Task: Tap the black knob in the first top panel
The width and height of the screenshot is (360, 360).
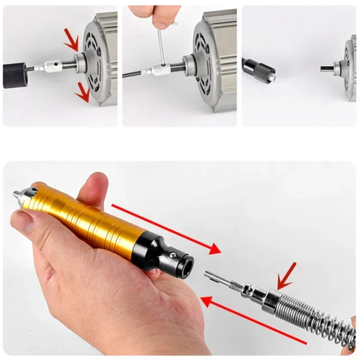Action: coord(15,75)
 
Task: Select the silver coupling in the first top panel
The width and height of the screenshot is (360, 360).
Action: coord(49,68)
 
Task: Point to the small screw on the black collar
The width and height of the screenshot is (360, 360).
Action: coord(172,257)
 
